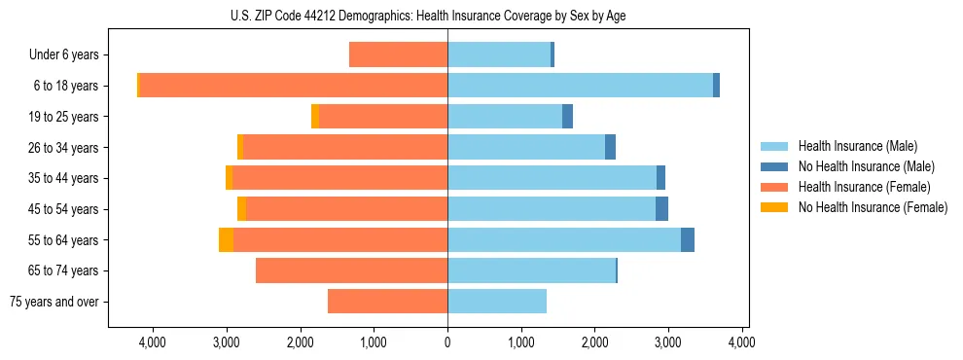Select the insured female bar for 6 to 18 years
click(x=292, y=86)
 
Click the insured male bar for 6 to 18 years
click(x=580, y=86)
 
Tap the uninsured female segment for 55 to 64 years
click(x=226, y=239)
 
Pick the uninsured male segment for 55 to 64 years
click(x=688, y=239)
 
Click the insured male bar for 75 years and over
click(x=497, y=302)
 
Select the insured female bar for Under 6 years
click(x=398, y=55)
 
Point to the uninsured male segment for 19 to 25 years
click(x=568, y=117)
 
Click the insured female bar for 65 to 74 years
click(x=351, y=270)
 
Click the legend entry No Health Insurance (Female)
click(x=873, y=207)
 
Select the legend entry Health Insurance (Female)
click(x=861, y=187)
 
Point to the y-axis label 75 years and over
click(x=54, y=302)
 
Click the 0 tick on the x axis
click(x=447, y=342)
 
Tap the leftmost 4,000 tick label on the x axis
click(x=153, y=342)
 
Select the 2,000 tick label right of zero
click(x=594, y=342)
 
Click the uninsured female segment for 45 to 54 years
click(x=241, y=209)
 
